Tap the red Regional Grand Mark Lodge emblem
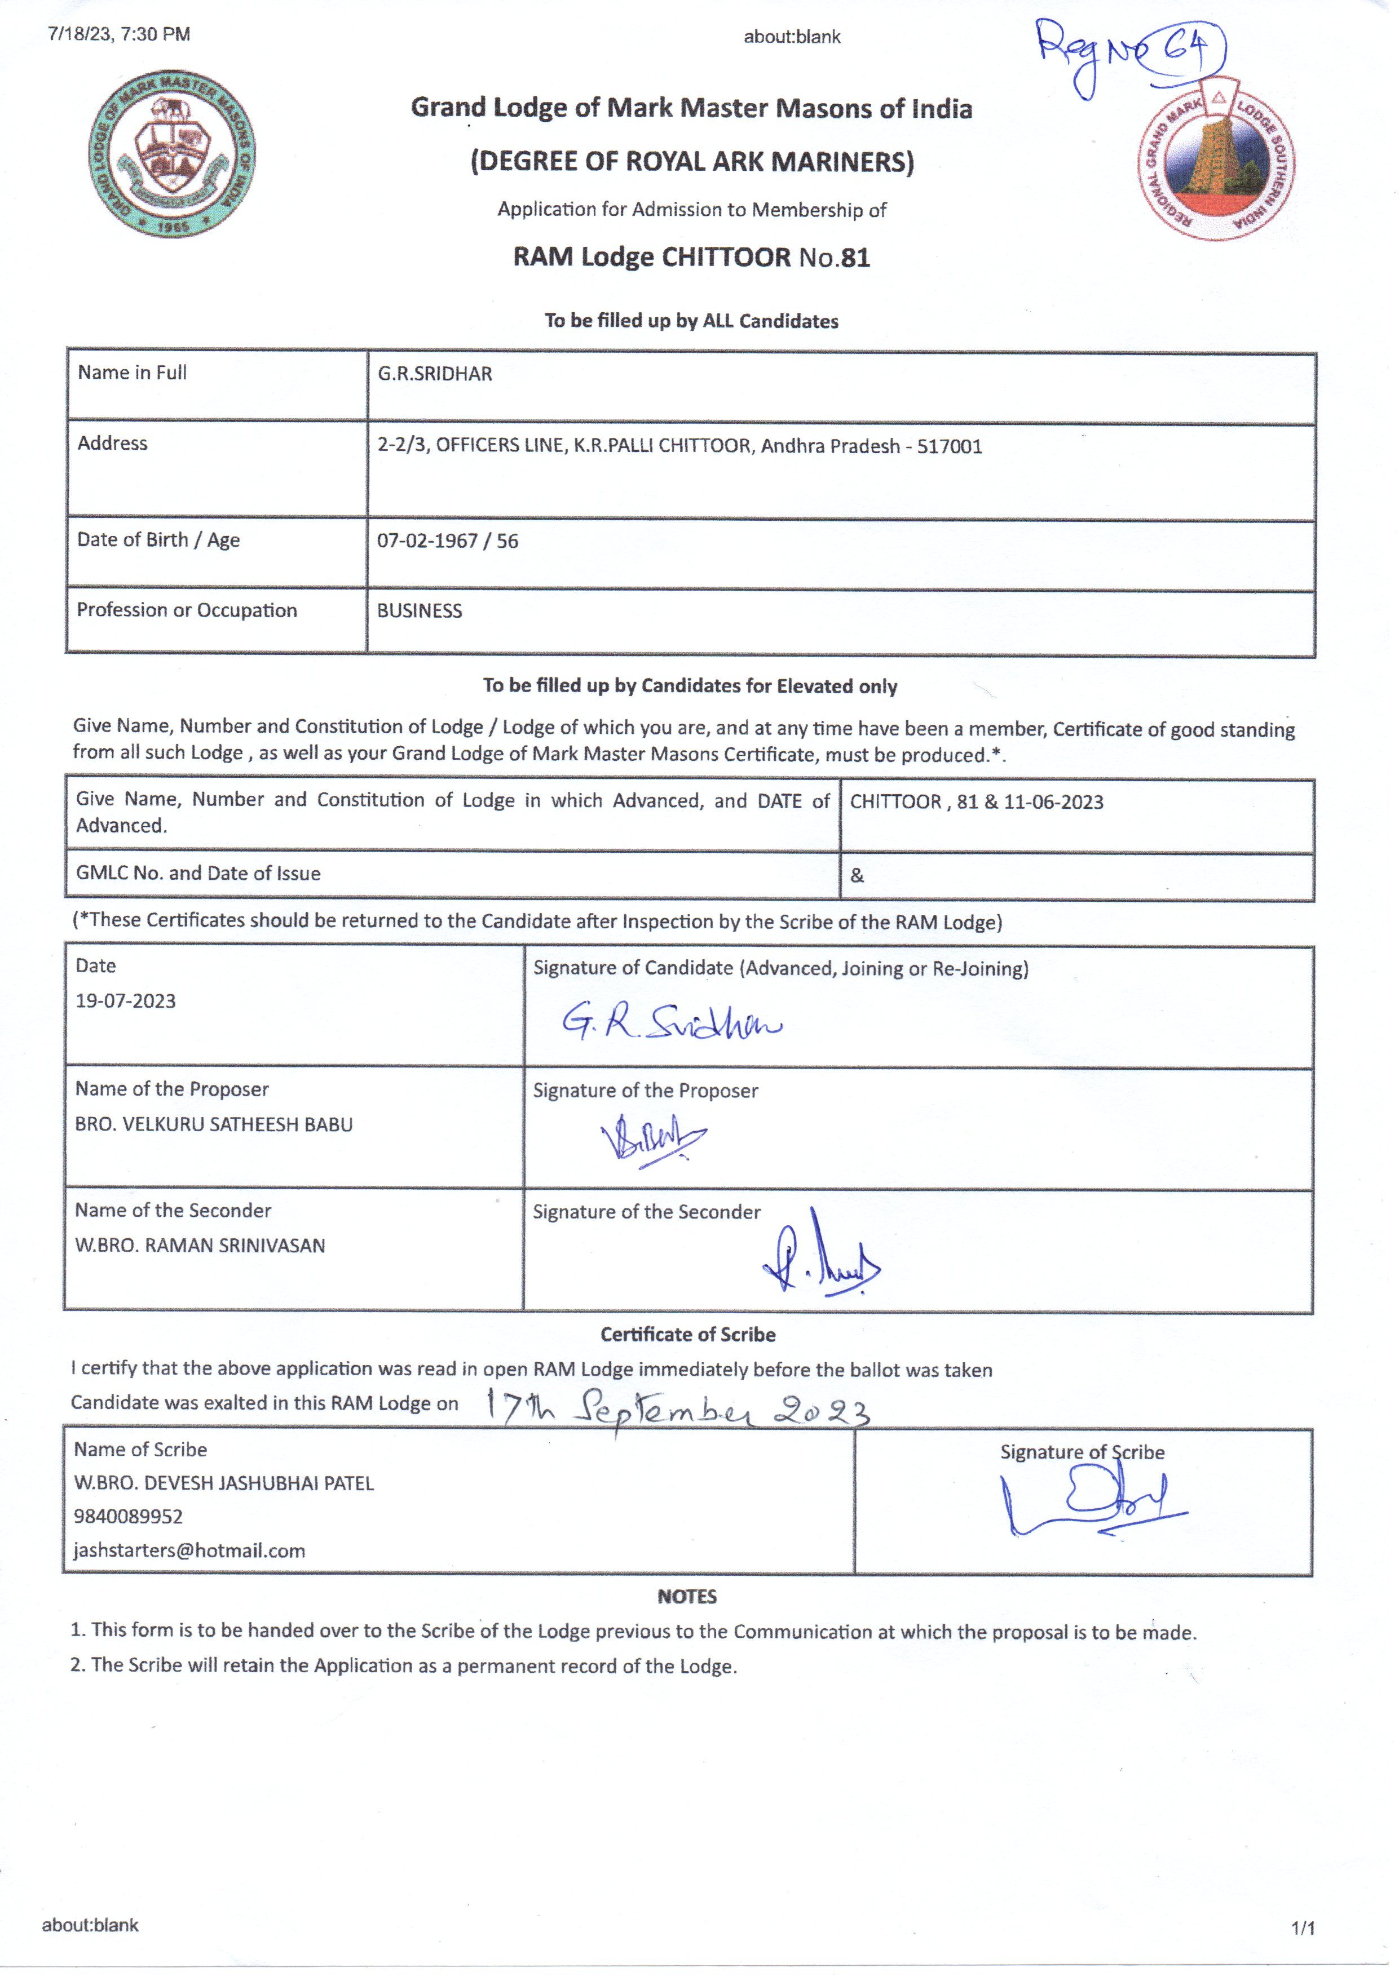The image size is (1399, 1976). click(x=1216, y=161)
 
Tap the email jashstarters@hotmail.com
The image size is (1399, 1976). click(x=189, y=1550)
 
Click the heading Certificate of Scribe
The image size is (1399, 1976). click(x=687, y=1335)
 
